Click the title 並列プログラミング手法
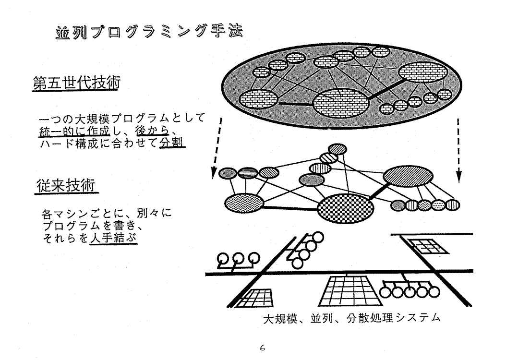[149, 32]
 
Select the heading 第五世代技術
[76, 83]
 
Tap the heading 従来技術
[66, 185]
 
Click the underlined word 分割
[172, 142]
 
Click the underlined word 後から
[152, 131]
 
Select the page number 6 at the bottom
[262, 348]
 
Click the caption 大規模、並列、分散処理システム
[352, 318]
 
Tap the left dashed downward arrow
[217, 148]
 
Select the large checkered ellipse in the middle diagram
[346, 208]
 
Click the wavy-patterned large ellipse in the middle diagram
[244, 203]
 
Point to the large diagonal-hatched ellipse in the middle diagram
[408, 176]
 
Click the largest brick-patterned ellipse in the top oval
[341, 104]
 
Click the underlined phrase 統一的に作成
[75, 131]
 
